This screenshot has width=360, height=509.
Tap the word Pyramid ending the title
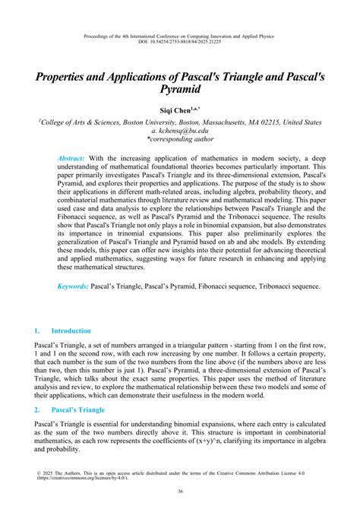tap(179, 90)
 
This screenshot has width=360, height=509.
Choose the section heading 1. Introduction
tap(63, 331)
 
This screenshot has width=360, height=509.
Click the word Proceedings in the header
tap(94, 35)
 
